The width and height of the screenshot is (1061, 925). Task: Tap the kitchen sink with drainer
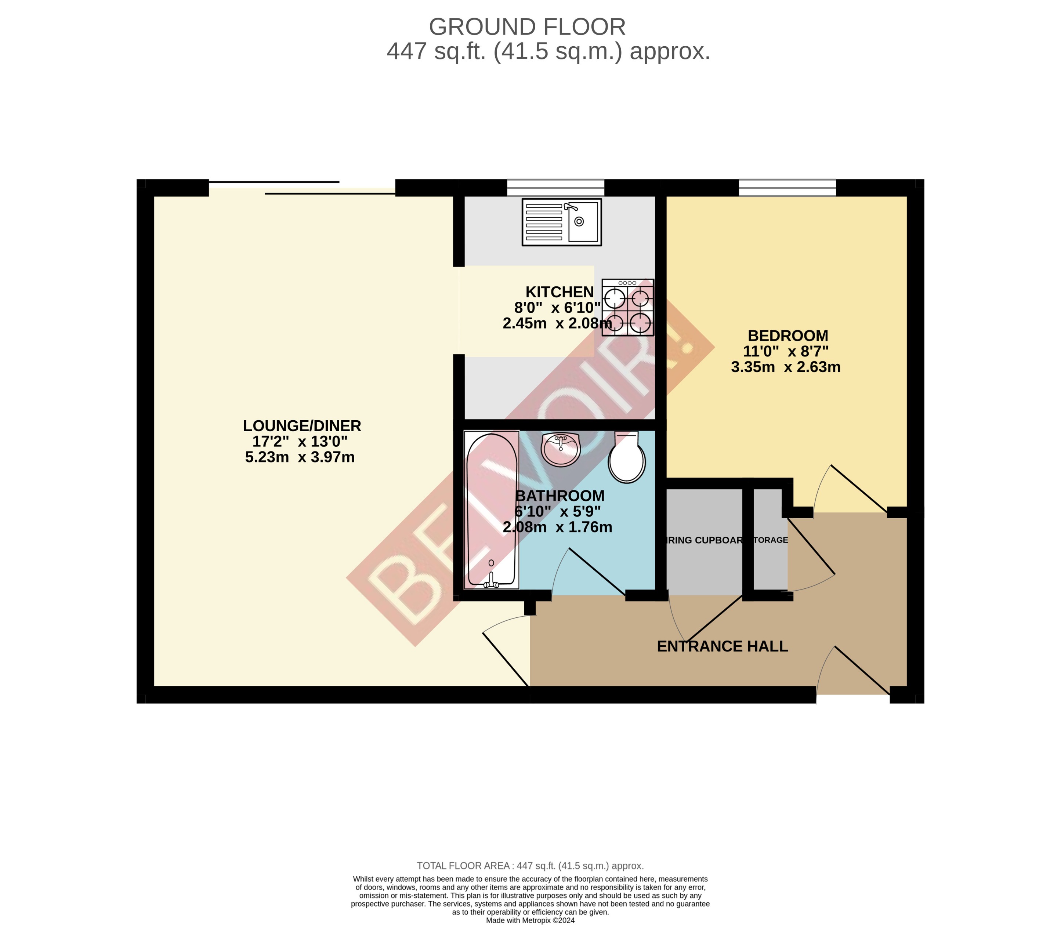(x=561, y=222)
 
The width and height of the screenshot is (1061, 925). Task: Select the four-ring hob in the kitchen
(x=627, y=308)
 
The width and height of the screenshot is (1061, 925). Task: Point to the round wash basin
(x=561, y=449)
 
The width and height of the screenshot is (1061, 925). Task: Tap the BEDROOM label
(x=787, y=335)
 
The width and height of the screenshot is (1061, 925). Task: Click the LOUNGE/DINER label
(x=302, y=426)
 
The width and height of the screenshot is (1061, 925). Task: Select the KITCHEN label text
(x=559, y=292)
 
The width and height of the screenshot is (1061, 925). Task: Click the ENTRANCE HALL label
(x=722, y=646)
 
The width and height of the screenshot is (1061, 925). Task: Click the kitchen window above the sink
(x=555, y=187)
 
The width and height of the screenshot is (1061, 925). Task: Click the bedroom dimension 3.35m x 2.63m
(x=785, y=367)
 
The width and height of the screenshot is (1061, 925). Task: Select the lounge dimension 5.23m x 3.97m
(x=300, y=457)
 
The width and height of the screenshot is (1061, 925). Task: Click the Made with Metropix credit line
(x=530, y=920)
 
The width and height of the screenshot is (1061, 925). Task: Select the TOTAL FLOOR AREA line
(x=530, y=866)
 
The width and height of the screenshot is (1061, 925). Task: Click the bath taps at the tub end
(x=491, y=584)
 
